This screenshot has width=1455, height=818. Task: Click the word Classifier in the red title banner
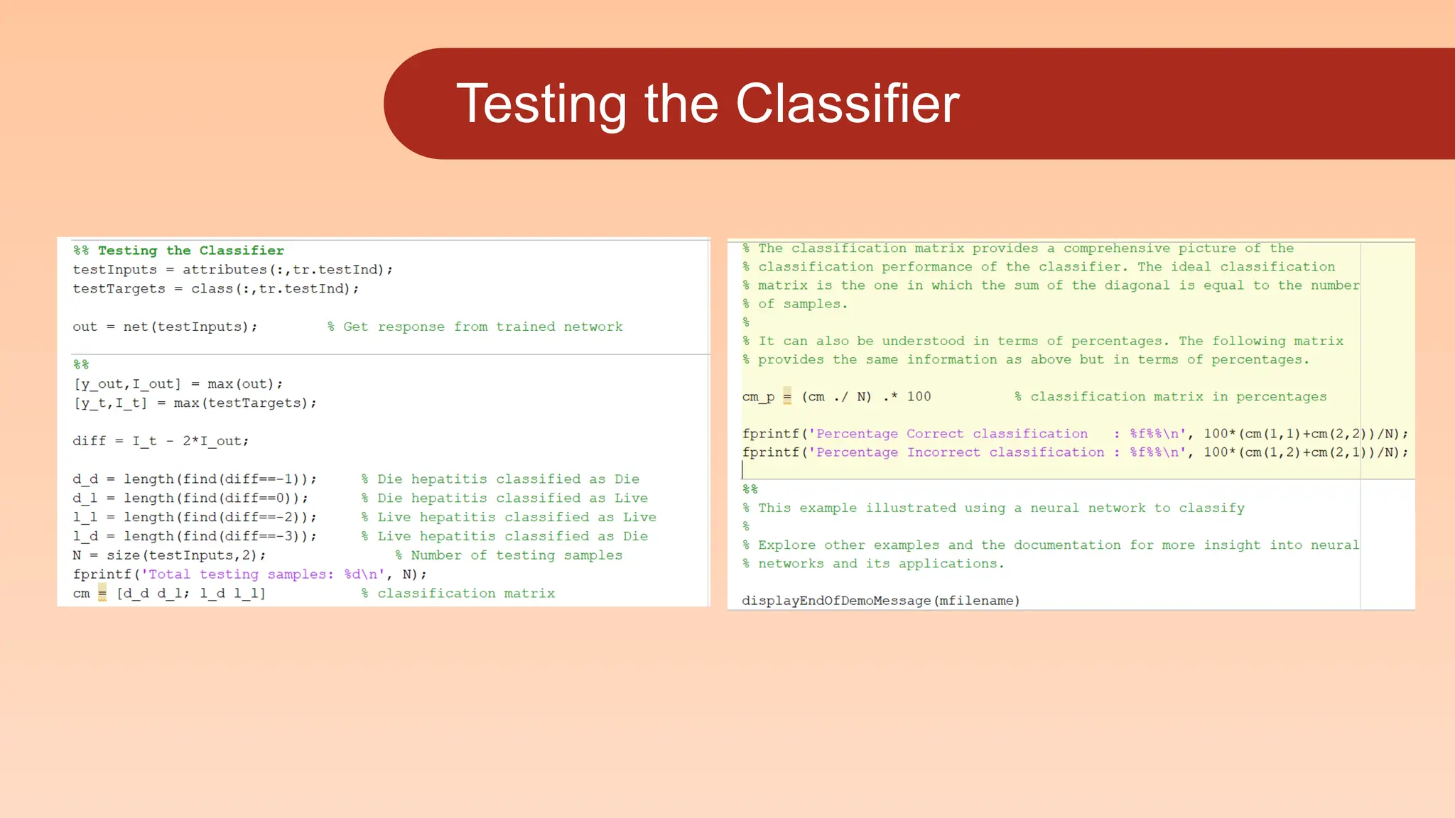coord(847,104)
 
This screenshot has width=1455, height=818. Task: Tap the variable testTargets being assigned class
coord(119,289)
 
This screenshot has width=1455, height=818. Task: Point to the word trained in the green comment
coord(525,327)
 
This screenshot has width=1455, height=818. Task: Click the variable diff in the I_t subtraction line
coord(89,441)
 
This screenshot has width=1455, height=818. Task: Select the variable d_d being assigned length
coord(85,479)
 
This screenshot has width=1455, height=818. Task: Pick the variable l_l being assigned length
coord(85,518)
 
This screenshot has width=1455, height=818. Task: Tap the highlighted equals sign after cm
coord(102,593)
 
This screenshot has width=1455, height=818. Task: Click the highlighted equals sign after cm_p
coord(787,396)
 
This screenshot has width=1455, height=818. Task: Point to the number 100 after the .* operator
coord(919,396)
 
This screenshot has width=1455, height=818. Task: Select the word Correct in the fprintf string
coord(935,434)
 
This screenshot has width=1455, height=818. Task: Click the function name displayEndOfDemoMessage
coord(836,601)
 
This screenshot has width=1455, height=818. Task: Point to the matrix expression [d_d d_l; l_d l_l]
coord(191,594)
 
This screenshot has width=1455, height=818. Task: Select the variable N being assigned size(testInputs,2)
coord(77,555)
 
